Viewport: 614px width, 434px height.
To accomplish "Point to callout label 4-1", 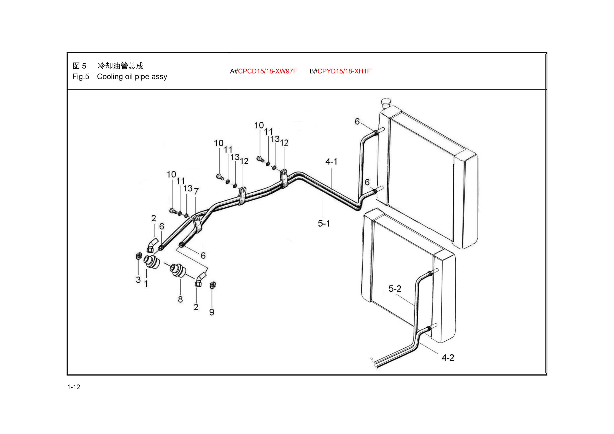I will (331, 161).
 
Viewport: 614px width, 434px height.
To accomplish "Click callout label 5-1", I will (324, 223).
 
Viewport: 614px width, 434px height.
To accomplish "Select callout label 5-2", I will (395, 289).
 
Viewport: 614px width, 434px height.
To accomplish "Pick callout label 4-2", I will (448, 358).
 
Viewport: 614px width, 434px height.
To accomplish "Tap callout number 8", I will (180, 299).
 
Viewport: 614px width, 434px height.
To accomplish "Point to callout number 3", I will (138, 280).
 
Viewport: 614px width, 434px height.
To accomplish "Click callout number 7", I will (196, 191).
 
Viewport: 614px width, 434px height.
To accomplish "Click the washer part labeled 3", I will (139, 256).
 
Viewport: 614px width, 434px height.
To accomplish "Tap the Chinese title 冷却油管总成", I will (120, 66).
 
